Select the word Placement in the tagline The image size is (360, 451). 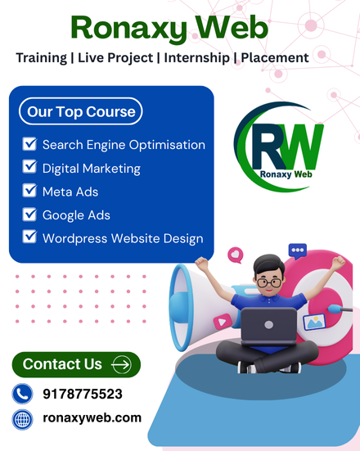pyautogui.click(x=275, y=57)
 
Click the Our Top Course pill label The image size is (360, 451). pyautogui.click(x=80, y=111)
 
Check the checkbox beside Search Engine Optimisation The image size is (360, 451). pyautogui.click(x=29, y=144)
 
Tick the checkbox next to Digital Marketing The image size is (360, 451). pyautogui.click(x=29, y=167)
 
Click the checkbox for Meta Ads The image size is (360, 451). pyautogui.click(x=29, y=191)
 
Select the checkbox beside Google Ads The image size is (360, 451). pyautogui.click(x=29, y=214)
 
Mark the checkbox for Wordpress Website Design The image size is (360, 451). pyautogui.click(x=29, y=237)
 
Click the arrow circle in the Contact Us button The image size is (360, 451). pyautogui.click(x=122, y=364)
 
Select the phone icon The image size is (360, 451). pyautogui.click(x=22, y=394)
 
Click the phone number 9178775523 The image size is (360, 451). pyautogui.click(x=83, y=394)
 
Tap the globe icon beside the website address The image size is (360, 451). pyautogui.click(x=22, y=419)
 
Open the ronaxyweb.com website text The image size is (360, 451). pyautogui.click(x=92, y=418)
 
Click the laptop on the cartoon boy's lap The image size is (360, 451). pyautogui.click(x=268, y=325)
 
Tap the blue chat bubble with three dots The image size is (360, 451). pyautogui.click(x=297, y=250)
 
